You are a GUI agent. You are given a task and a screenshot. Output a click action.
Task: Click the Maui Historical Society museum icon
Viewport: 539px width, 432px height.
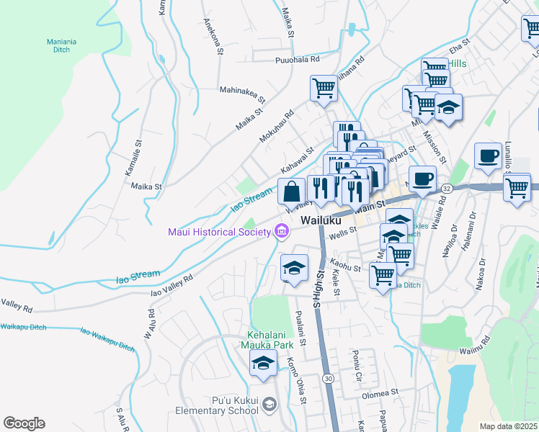pos(282,231)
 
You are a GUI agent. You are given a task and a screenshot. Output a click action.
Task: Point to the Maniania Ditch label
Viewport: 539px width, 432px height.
pos(68,46)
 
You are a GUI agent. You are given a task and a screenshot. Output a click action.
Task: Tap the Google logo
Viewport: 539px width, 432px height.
pos(24,423)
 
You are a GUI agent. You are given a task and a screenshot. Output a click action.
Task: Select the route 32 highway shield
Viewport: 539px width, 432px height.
pos(447,188)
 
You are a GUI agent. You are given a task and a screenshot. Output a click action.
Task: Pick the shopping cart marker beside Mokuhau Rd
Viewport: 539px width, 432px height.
pos(324,89)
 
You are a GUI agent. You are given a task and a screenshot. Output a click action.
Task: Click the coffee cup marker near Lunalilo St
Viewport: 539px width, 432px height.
pos(488,156)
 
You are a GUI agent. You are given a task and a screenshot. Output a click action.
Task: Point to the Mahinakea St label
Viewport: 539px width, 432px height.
pos(243,91)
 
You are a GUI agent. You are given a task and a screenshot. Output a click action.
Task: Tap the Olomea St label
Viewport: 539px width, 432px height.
pos(380,393)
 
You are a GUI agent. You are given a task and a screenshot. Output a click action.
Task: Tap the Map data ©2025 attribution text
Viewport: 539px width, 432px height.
pos(509,426)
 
